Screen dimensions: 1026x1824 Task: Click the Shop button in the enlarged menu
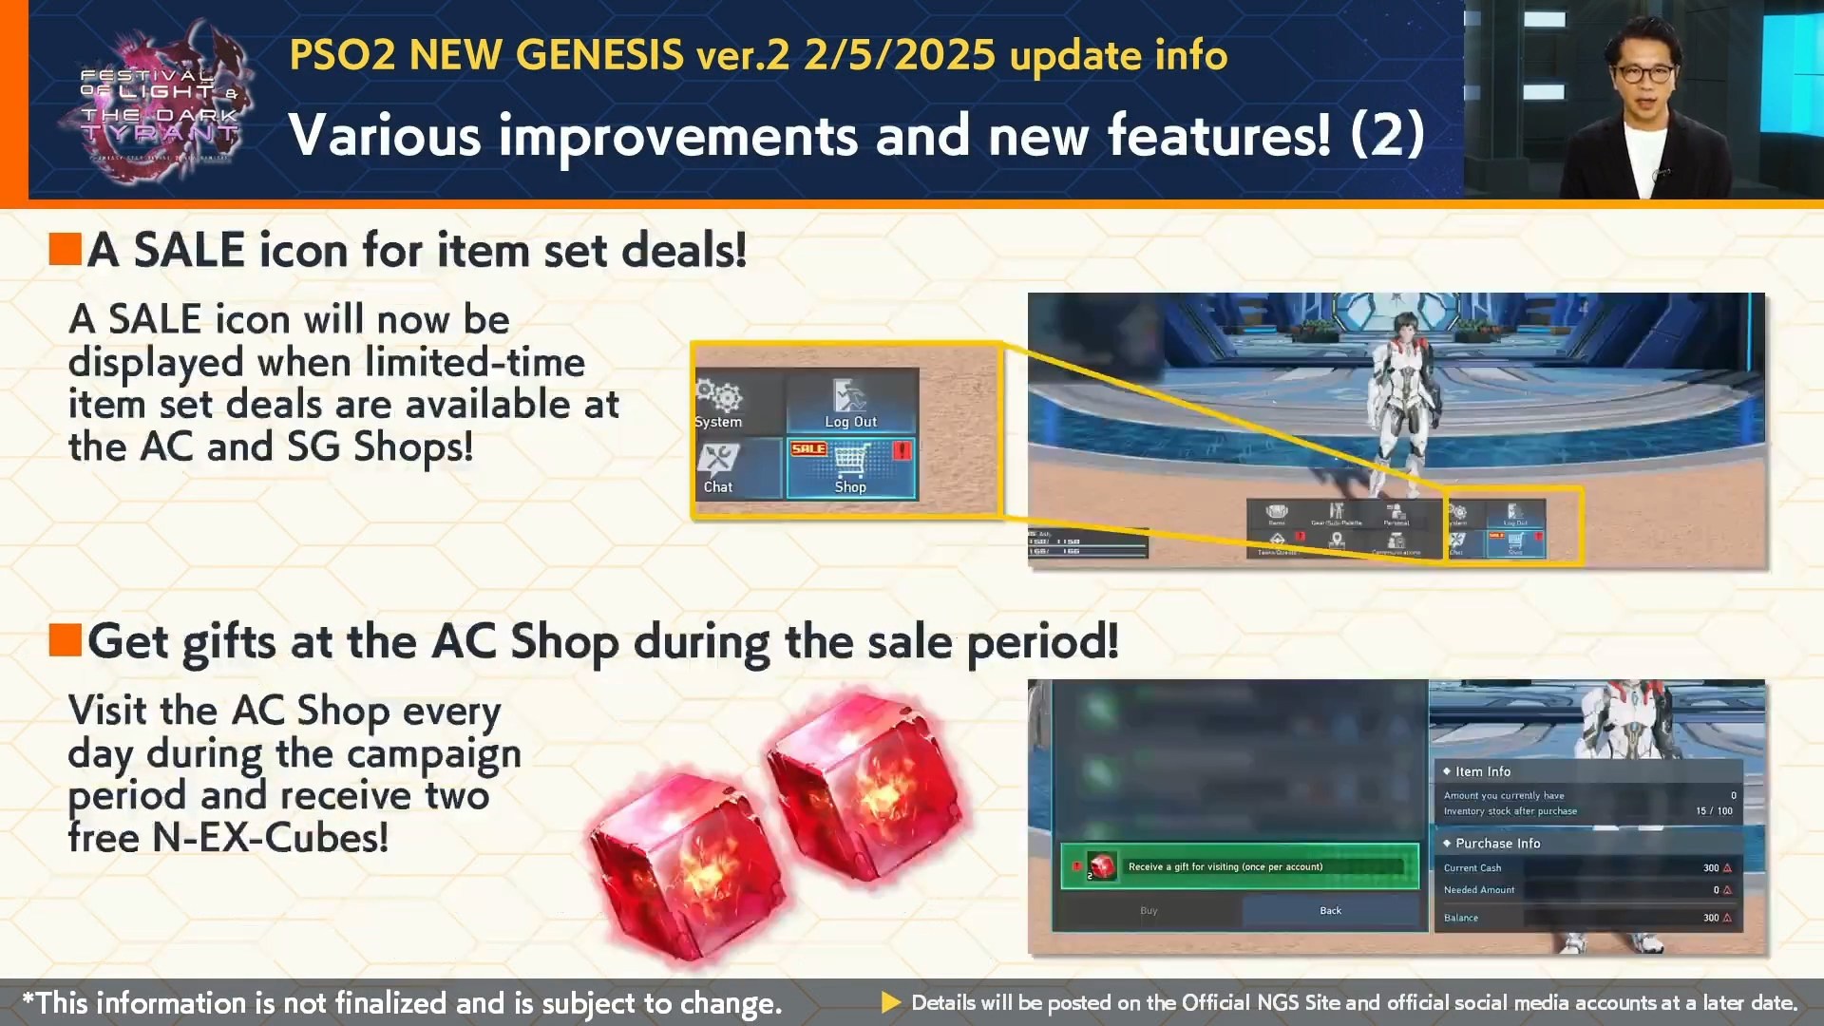coord(850,468)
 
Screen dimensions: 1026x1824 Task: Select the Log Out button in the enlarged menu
coord(850,403)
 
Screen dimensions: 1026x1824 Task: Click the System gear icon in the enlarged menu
coord(719,396)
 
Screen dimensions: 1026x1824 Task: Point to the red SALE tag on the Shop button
coord(808,448)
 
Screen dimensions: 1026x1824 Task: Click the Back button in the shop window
coord(1330,911)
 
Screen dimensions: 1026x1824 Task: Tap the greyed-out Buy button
coord(1149,911)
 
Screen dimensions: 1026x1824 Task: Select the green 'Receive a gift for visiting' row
coord(1239,866)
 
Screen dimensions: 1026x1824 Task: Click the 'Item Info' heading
coord(1482,772)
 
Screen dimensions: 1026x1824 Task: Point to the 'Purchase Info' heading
coord(1497,844)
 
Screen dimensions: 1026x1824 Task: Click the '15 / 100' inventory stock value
coord(1714,811)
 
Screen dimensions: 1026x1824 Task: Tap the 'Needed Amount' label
coord(1479,890)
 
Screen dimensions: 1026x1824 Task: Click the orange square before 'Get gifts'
coord(66,640)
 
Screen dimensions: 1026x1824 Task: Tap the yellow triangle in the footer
coord(890,1003)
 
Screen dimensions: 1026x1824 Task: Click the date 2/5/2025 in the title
coord(900,55)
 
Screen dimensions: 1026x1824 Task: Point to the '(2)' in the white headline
coord(1387,135)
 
